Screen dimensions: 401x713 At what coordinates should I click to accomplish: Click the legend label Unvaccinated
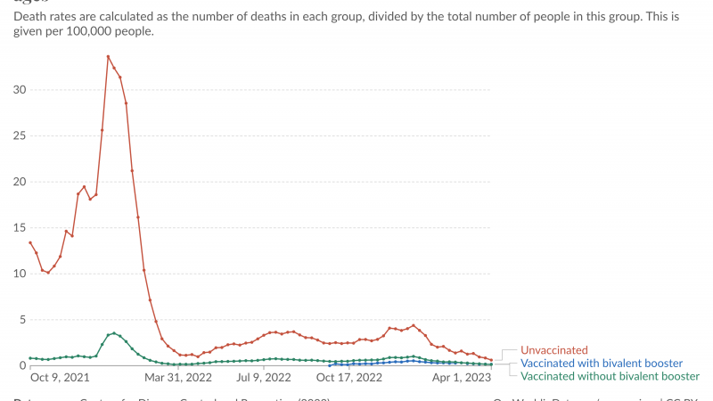tap(554, 351)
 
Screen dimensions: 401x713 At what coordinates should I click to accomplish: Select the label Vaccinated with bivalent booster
tap(602, 364)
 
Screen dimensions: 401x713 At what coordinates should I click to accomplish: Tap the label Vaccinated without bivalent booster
tap(610, 376)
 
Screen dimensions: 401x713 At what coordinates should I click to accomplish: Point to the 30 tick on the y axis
tap(20, 90)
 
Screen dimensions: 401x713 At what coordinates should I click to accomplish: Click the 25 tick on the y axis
tap(20, 136)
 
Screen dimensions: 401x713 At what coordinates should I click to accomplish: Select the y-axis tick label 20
tap(20, 182)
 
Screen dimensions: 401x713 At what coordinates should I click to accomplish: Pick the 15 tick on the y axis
tap(20, 228)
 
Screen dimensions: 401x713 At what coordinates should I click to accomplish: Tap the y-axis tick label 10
tap(20, 274)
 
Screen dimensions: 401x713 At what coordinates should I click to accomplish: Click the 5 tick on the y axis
tap(22, 320)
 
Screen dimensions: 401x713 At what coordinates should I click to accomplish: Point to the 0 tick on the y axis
tap(22, 365)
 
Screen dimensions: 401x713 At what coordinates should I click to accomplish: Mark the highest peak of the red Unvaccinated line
tap(108, 57)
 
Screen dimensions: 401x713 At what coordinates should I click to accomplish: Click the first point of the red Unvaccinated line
tap(30, 242)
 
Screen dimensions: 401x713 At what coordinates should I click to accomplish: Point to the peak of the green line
tap(114, 333)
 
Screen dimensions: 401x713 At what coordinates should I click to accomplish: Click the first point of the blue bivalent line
tap(330, 364)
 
